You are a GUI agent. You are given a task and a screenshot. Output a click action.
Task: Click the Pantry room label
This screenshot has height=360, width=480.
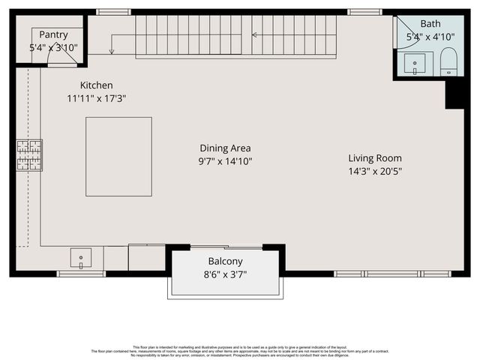pos(53,34)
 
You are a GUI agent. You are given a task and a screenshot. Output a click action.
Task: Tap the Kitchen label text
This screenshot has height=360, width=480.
pos(96,85)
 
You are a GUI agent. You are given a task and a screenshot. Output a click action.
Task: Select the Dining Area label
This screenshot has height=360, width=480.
pos(225,148)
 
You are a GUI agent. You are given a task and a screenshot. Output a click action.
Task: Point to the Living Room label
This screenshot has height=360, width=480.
pos(375,158)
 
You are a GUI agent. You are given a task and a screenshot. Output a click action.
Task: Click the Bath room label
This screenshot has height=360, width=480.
pos(430,24)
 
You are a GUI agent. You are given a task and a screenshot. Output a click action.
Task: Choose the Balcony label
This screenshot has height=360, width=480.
pos(225,262)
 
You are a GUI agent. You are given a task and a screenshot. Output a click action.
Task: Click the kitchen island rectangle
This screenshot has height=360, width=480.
pos(118,156)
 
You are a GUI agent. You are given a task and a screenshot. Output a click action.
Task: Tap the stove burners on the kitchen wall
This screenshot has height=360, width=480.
pos(30,155)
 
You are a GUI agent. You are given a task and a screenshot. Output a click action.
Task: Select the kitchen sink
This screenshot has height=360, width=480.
pos(80,257)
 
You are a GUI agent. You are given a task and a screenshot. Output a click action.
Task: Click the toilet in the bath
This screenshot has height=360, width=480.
pos(448,61)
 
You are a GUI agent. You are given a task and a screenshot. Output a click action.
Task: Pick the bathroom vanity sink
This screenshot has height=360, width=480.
pos(415,64)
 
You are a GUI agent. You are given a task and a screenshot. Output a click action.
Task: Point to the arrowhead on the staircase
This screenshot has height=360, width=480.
pos(254,34)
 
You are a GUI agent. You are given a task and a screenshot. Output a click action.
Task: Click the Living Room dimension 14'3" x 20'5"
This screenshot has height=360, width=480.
pos(375,171)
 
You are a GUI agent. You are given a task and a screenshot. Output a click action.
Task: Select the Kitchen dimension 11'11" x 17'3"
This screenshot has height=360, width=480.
pos(96,98)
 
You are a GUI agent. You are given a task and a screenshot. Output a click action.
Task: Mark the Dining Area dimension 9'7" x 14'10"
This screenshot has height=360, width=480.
pos(225,161)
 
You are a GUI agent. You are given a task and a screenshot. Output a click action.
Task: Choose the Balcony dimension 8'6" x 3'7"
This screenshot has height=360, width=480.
pos(225,274)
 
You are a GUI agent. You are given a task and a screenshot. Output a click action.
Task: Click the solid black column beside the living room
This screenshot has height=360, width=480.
pos(455,94)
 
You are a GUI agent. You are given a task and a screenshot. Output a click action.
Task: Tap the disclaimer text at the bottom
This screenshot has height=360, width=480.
pos(240,349)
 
